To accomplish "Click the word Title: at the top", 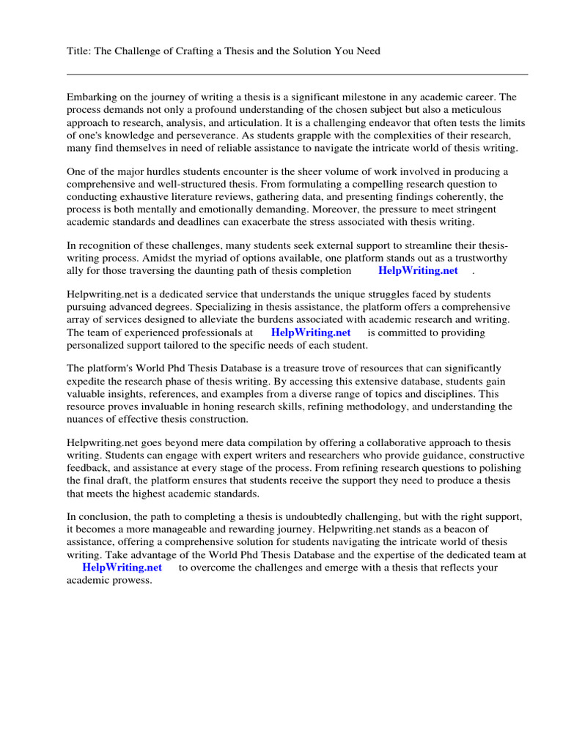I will click(x=79, y=51).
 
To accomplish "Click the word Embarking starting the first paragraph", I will click(x=94, y=97).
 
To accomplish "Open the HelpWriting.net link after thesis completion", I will click(x=418, y=270).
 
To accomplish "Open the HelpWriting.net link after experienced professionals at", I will click(x=311, y=332).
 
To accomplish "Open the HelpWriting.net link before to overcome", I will click(x=122, y=568).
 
